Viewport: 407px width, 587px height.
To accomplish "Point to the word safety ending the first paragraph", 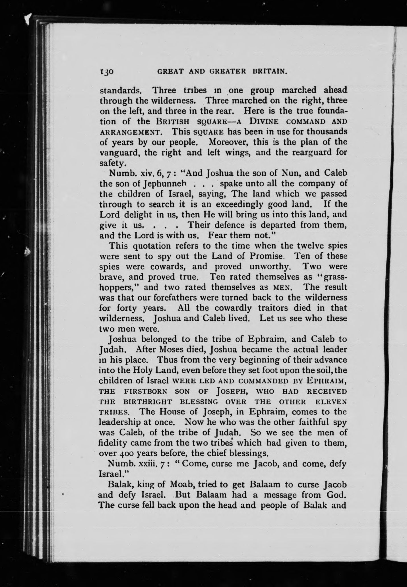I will pyautogui.click(x=112, y=163).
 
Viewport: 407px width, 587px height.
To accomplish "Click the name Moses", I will pyautogui.click(x=178, y=350).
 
